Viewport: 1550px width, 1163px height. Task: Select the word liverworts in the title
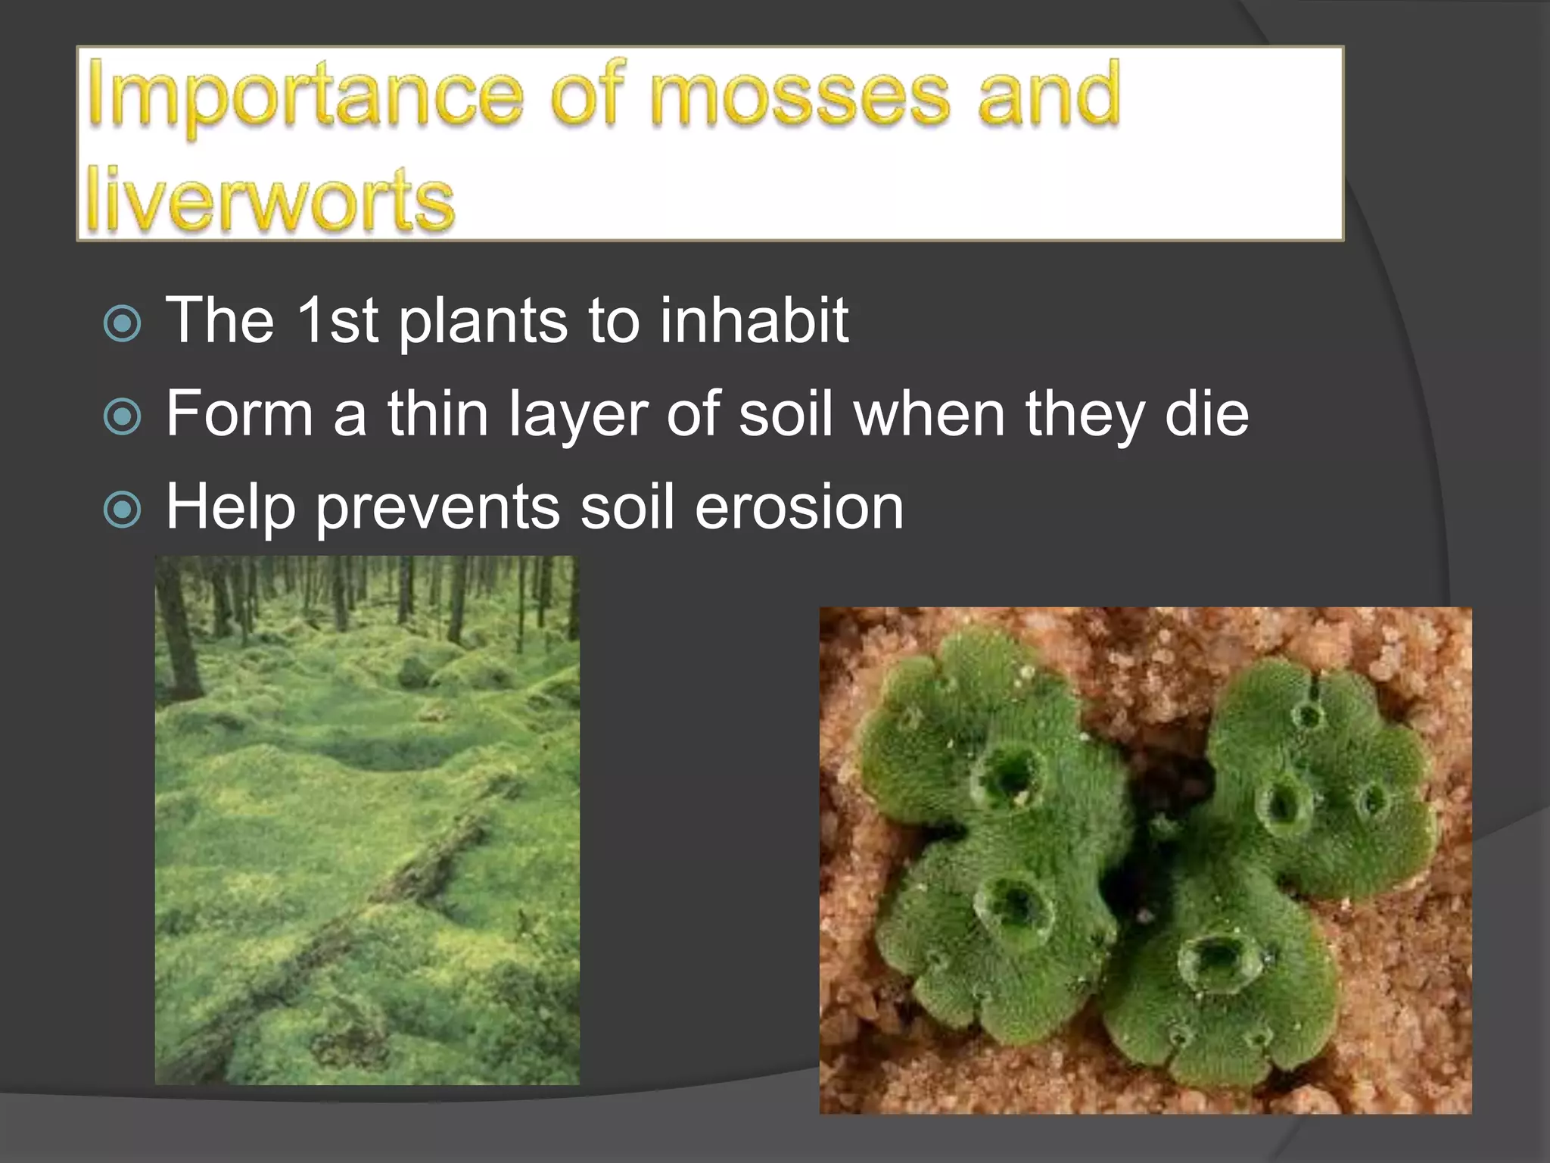[x=269, y=199]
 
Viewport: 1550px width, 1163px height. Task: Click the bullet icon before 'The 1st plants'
[x=122, y=324]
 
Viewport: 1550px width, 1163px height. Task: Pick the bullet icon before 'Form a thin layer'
[x=122, y=417]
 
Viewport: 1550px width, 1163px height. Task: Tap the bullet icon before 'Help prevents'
[x=122, y=510]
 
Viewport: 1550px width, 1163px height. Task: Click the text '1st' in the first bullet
[x=336, y=320]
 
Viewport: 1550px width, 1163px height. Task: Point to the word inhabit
[x=754, y=320]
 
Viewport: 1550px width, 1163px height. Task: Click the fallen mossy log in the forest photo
[x=424, y=871]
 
